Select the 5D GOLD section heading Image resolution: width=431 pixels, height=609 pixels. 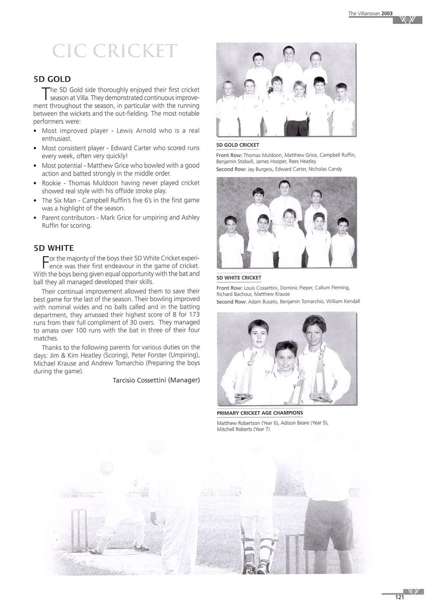coord(52,79)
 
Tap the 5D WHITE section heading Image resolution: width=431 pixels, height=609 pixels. coord(54,248)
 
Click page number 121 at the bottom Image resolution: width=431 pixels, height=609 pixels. coord(399,598)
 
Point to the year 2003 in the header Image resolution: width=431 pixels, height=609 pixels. coord(387,13)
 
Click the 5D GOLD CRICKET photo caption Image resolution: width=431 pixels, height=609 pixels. coord(238,145)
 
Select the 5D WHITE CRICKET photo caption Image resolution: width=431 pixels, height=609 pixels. coord(239,278)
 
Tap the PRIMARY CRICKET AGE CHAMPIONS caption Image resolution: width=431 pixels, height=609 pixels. coord(260,413)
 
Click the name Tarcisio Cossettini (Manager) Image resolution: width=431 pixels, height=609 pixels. coord(156,380)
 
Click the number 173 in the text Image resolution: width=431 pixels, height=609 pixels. coord(194,315)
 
